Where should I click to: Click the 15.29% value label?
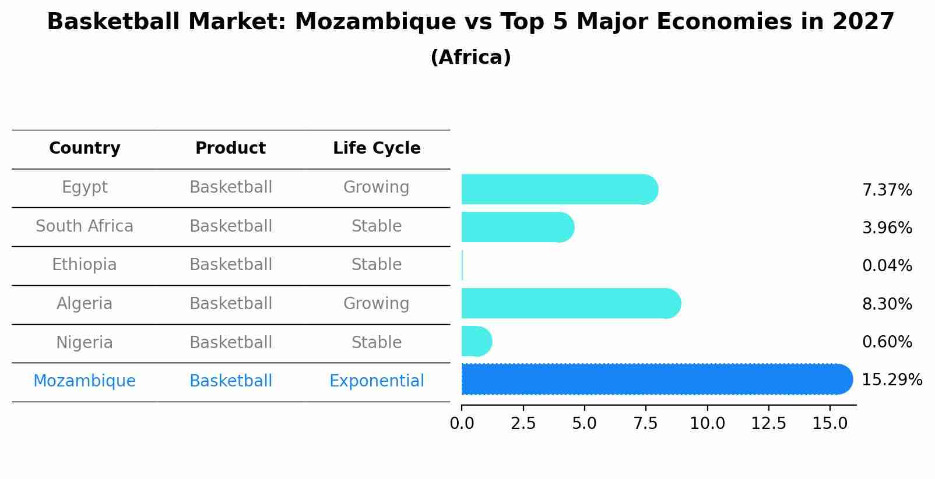(x=891, y=380)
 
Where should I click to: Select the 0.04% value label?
(x=887, y=266)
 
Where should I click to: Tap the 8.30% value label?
(x=887, y=304)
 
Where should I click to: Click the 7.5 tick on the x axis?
(x=645, y=424)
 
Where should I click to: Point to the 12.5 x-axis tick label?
(x=768, y=424)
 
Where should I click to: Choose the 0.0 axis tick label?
(x=462, y=424)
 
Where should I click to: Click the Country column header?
(x=85, y=148)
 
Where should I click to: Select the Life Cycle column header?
(x=377, y=148)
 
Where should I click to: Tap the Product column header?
(x=230, y=148)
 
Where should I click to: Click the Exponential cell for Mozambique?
(x=377, y=381)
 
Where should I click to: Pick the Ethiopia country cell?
(x=85, y=265)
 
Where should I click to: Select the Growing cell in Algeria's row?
(x=377, y=304)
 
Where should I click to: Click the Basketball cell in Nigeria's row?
(x=230, y=343)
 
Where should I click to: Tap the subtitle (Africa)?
(x=470, y=58)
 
